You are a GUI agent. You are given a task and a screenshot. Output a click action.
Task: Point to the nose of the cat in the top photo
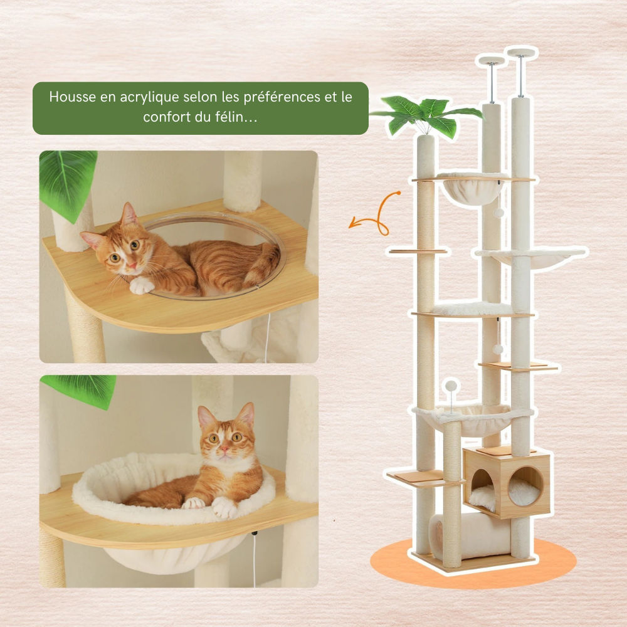(x=131, y=265)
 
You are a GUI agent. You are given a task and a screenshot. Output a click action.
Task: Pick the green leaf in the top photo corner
(x=67, y=182)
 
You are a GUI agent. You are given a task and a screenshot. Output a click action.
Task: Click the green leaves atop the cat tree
(x=427, y=115)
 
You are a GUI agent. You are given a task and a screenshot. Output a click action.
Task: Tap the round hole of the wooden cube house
(x=525, y=486)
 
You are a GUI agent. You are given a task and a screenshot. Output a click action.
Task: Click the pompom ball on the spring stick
(x=451, y=386)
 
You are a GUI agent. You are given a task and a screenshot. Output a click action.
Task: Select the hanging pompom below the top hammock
(x=498, y=213)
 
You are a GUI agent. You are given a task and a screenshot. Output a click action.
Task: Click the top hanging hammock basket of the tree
(x=473, y=188)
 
